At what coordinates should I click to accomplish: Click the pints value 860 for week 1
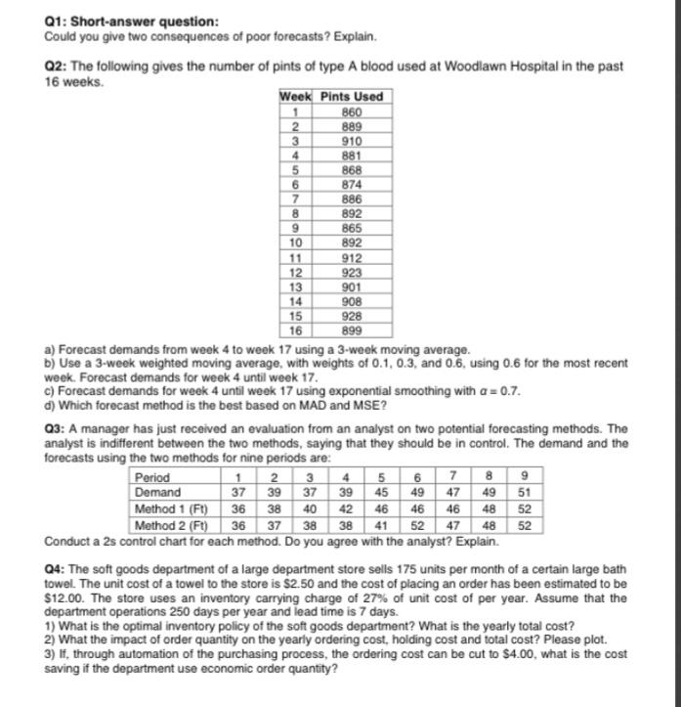(352, 111)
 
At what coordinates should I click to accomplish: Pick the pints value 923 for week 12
(352, 273)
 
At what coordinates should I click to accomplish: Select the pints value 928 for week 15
(352, 317)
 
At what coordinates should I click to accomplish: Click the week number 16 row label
(294, 331)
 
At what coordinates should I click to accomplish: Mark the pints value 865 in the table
(352, 228)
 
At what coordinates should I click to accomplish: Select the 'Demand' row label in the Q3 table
(154, 492)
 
